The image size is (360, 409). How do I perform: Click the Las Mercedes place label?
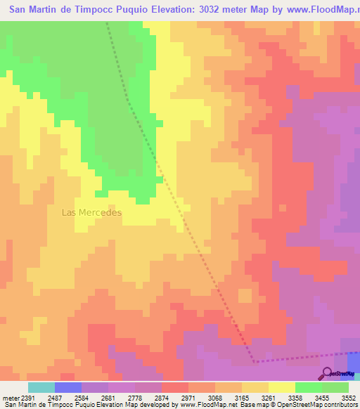pyautogui.click(x=91, y=212)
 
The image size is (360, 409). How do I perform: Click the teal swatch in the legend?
pyautogui.click(x=41, y=387)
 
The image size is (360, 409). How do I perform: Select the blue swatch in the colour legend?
pyautogui.click(x=68, y=387)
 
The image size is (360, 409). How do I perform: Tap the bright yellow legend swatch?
pyautogui.click(x=282, y=387)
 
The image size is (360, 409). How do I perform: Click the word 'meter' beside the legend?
pyautogui.click(x=8, y=398)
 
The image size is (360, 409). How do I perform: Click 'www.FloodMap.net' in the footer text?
pyautogui.click(x=209, y=405)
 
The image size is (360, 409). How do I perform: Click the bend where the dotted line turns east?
pyautogui.click(x=254, y=361)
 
